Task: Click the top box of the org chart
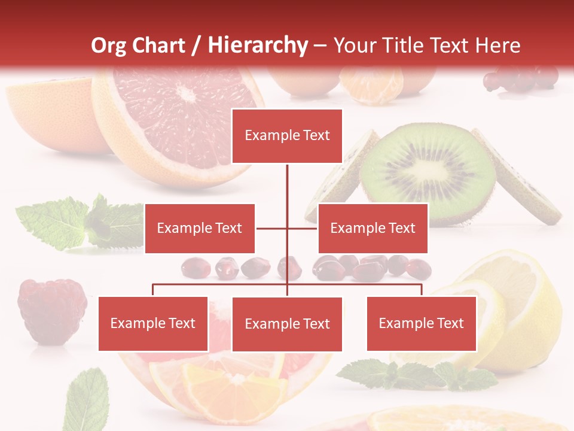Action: point(287,136)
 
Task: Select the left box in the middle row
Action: point(200,228)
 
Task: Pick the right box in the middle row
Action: point(373,228)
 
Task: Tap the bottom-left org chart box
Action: point(153,323)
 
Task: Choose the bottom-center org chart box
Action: point(287,324)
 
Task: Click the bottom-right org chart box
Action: point(421,323)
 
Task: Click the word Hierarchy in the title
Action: point(258,45)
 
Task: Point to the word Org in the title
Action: point(109,45)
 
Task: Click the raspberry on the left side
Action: point(52,310)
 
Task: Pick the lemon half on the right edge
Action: point(526,311)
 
